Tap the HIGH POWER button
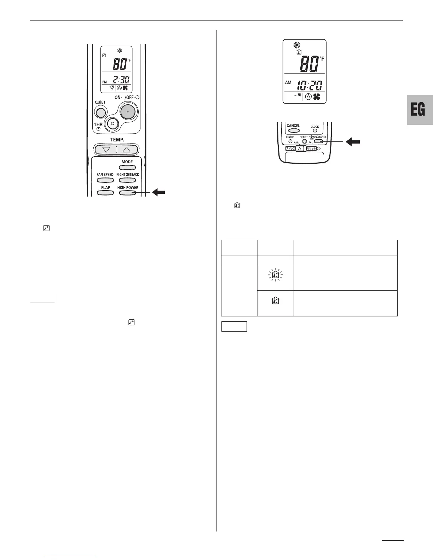click(x=127, y=193)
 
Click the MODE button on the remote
click(x=127, y=167)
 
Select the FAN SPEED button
click(x=105, y=180)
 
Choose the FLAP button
click(x=105, y=193)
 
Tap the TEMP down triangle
click(x=106, y=150)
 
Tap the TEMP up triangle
click(x=126, y=150)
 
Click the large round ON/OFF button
click(x=128, y=111)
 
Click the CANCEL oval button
click(x=294, y=131)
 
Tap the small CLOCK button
click(x=315, y=131)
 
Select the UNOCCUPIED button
click(x=319, y=141)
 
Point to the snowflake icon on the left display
click(x=120, y=51)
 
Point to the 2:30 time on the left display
click(x=121, y=80)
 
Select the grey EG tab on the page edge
click(x=420, y=110)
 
